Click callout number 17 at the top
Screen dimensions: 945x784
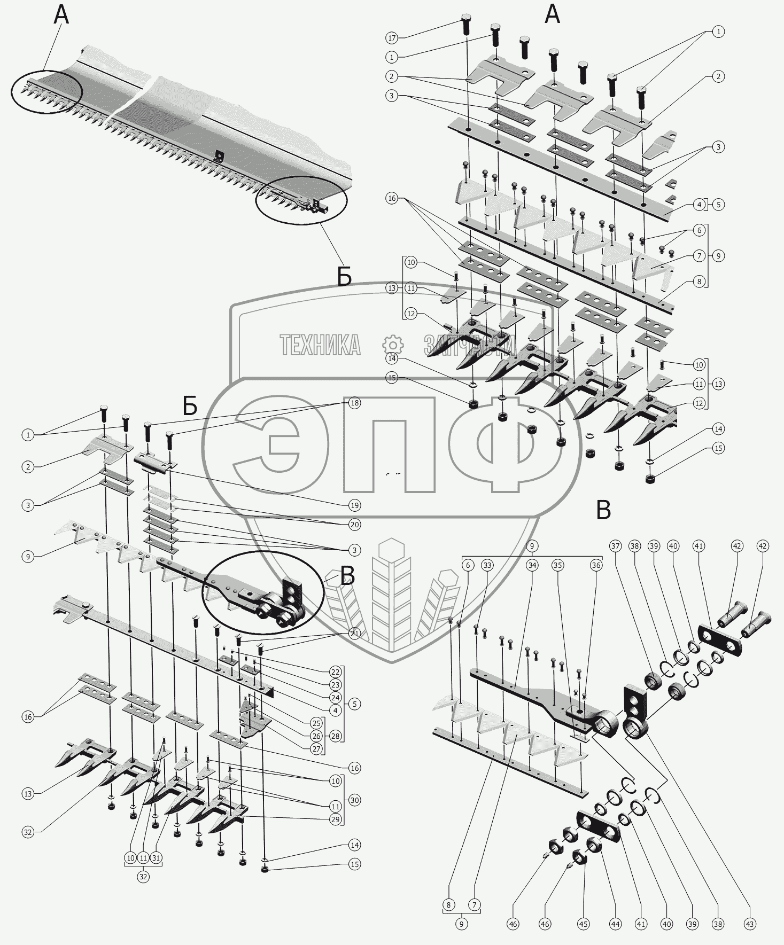(392, 37)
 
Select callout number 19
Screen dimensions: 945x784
(354, 505)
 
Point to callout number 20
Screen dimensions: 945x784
(354, 525)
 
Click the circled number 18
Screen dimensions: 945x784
(354, 403)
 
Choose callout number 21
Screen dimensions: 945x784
(354, 634)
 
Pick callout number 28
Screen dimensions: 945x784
(335, 736)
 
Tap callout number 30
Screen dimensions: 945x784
(354, 800)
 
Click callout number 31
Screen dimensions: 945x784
(156, 857)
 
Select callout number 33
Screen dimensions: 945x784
(487, 565)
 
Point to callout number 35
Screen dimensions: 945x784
(558, 565)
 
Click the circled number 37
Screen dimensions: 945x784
(616, 546)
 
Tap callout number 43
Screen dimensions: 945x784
(750, 924)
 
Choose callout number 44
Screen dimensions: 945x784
(616, 924)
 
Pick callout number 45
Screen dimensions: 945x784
(583, 924)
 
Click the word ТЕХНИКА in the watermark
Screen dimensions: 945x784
(320, 345)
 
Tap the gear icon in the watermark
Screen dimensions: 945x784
(393, 345)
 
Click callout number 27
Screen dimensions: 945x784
(316, 749)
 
